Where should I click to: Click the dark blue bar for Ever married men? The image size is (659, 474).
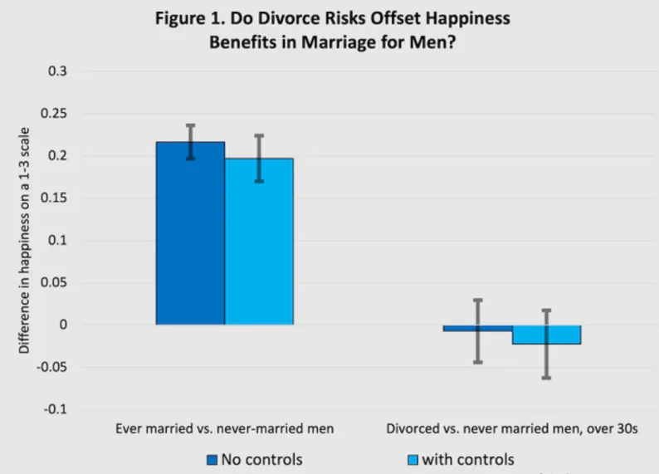pyautogui.click(x=190, y=233)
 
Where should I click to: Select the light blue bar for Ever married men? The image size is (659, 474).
pyautogui.click(x=259, y=242)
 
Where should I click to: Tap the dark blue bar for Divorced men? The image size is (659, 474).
pyautogui.click(x=478, y=328)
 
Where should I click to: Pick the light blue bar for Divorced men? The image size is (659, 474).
pyautogui.click(x=547, y=335)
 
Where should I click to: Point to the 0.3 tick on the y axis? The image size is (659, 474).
pyautogui.click(x=57, y=71)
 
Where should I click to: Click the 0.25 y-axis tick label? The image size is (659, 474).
pyautogui.click(x=54, y=114)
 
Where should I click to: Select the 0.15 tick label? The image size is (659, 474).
pyautogui.click(x=54, y=198)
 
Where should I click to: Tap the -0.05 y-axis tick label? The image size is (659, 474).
pyautogui.click(x=51, y=367)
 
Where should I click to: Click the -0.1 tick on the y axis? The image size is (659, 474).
pyautogui.click(x=56, y=409)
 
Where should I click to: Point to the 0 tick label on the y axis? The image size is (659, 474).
pyautogui.click(x=63, y=325)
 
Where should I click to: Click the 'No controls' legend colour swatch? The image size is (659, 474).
pyautogui.click(x=212, y=460)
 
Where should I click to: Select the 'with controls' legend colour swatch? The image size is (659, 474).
pyautogui.click(x=412, y=460)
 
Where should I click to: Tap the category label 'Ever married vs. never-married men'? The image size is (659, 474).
pyautogui.click(x=225, y=428)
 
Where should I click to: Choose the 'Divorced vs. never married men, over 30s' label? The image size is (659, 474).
pyautogui.click(x=512, y=428)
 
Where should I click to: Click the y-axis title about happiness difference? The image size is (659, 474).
pyautogui.click(x=24, y=241)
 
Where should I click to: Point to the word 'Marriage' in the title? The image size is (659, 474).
pyautogui.click(x=340, y=42)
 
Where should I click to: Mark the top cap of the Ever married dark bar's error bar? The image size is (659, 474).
pyautogui.click(x=190, y=125)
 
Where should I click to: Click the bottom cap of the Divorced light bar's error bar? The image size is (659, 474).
pyautogui.click(x=546, y=378)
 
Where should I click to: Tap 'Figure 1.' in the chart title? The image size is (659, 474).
pyautogui.click(x=190, y=18)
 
